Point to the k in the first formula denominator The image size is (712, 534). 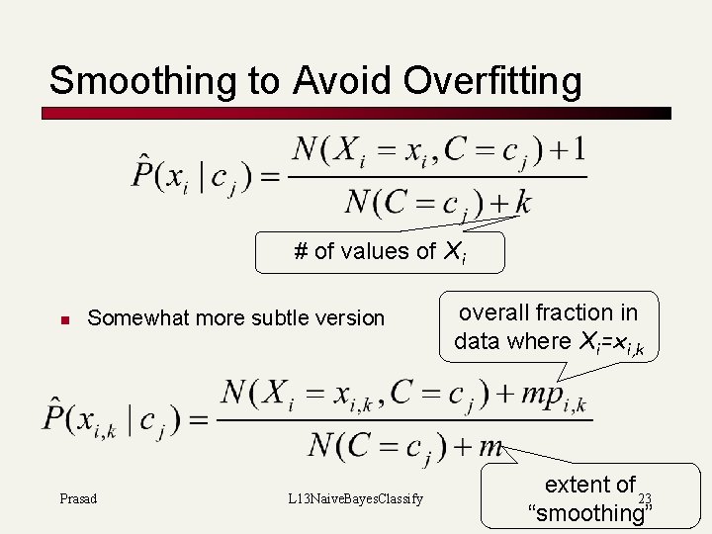click(x=522, y=203)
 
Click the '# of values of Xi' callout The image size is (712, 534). click(x=380, y=252)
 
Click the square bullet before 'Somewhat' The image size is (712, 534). click(x=61, y=319)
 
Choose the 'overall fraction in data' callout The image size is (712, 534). click(x=547, y=327)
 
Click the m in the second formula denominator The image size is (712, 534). click(x=490, y=447)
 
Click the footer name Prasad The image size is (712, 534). click(x=78, y=498)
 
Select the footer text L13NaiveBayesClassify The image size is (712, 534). click(x=350, y=498)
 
